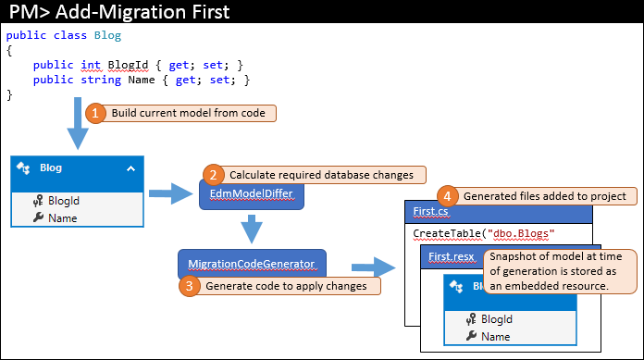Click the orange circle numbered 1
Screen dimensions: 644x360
point(95,113)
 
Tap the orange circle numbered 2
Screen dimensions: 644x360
point(213,175)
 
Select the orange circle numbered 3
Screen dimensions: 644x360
point(190,286)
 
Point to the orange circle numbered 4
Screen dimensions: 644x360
point(447,196)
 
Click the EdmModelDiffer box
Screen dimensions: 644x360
point(252,194)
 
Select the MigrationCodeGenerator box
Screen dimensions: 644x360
point(252,264)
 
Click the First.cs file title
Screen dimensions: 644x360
point(430,211)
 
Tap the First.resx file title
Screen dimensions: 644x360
point(452,257)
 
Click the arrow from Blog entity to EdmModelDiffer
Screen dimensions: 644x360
point(170,193)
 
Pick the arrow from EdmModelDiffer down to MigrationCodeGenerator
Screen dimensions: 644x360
point(252,229)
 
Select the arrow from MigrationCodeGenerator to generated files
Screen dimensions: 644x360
point(373,267)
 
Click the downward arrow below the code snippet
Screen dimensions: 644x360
point(78,123)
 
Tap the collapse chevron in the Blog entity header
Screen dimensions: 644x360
point(130,168)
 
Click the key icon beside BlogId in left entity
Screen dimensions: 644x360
point(38,201)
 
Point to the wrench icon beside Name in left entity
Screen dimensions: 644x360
point(38,217)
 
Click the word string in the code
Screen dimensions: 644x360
point(101,80)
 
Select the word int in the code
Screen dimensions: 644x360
point(91,65)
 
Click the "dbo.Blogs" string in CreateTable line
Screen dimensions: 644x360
point(521,233)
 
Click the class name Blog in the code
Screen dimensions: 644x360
point(107,35)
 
